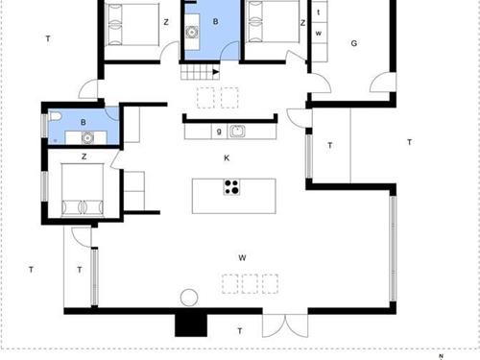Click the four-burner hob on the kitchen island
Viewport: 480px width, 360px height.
click(x=231, y=186)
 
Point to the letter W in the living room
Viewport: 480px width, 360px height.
click(x=243, y=257)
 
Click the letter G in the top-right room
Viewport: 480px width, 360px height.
click(x=353, y=43)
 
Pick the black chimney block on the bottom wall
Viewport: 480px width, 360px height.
click(x=190, y=324)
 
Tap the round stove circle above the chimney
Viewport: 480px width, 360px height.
click(x=190, y=298)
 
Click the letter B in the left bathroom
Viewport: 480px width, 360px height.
click(x=84, y=122)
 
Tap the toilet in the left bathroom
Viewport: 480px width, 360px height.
click(x=58, y=116)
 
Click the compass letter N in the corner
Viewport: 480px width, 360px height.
click(x=439, y=356)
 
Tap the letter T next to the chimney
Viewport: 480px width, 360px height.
click(x=239, y=331)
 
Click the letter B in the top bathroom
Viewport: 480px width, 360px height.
click(x=215, y=21)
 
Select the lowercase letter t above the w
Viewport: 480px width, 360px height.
click(x=318, y=13)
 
